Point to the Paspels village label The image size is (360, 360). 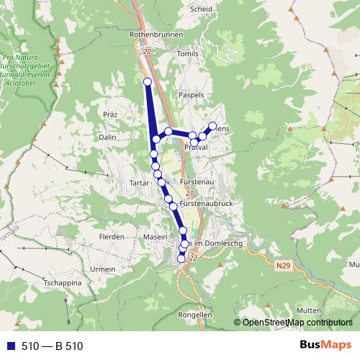pyautogui.click(x=192, y=94)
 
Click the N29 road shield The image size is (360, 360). pyautogui.click(x=284, y=266)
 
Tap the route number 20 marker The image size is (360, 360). pyautogui.click(x=148, y=51)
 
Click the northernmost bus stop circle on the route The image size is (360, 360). pyautogui.click(x=148, y=81)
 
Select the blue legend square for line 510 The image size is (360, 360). pyautogui.click(x=8, y=346)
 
